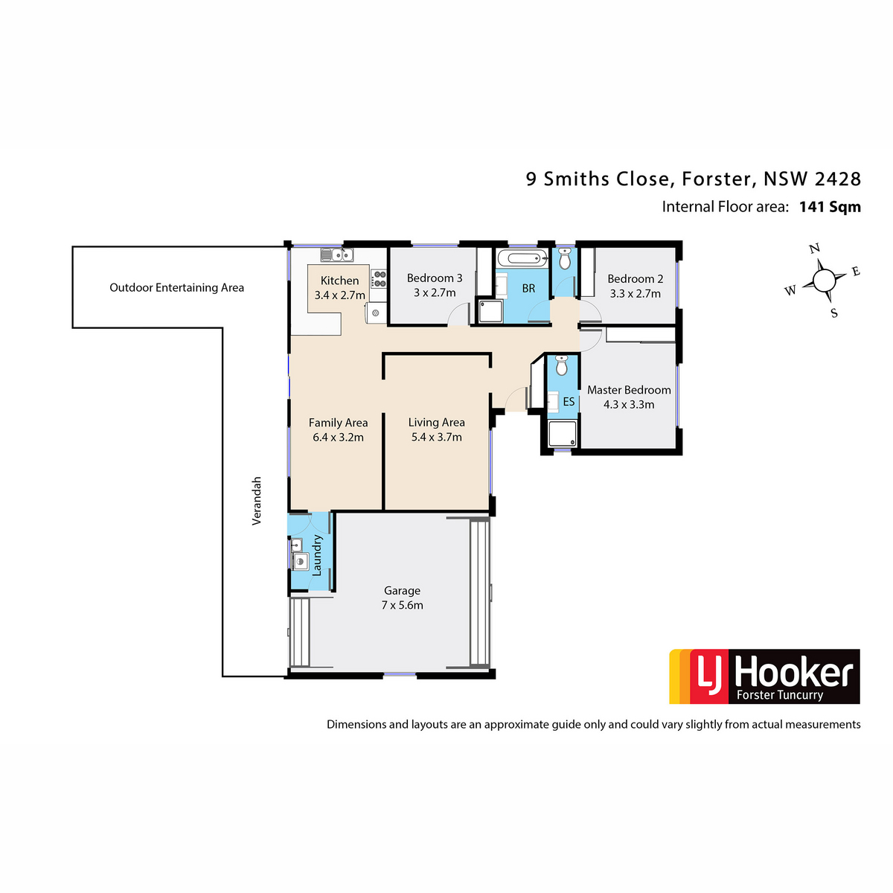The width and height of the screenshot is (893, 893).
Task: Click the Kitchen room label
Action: point(339,281)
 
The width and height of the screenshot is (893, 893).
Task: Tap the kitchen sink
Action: point(337,255)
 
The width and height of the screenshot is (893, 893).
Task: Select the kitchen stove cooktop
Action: point(379,280)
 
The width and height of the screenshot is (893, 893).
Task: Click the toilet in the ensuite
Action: point(561,365)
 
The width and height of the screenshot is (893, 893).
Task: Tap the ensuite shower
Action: point(562,434)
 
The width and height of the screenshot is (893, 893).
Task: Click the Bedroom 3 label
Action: point(434,278)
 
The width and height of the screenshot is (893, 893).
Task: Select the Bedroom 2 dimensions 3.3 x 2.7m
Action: point(635,293)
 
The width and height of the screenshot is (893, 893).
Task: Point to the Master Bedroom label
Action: point(629,390)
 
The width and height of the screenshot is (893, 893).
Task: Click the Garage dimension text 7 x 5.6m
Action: point(402,605)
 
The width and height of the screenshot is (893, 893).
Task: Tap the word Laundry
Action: point(317,555)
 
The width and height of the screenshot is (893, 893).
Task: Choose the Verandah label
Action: point(257,501)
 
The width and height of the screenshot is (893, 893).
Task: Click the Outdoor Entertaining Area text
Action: point(176,288)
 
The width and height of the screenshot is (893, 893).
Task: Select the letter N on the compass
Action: point(814,249)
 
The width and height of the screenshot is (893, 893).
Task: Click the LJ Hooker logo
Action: point(764,676)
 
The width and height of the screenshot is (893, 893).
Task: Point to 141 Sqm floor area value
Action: point(830,207)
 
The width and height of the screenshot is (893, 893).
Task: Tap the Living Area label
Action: point(436,422)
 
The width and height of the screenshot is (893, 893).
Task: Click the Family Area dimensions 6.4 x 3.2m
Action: point(338,437)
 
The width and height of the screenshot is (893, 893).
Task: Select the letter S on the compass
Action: point(834,313)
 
